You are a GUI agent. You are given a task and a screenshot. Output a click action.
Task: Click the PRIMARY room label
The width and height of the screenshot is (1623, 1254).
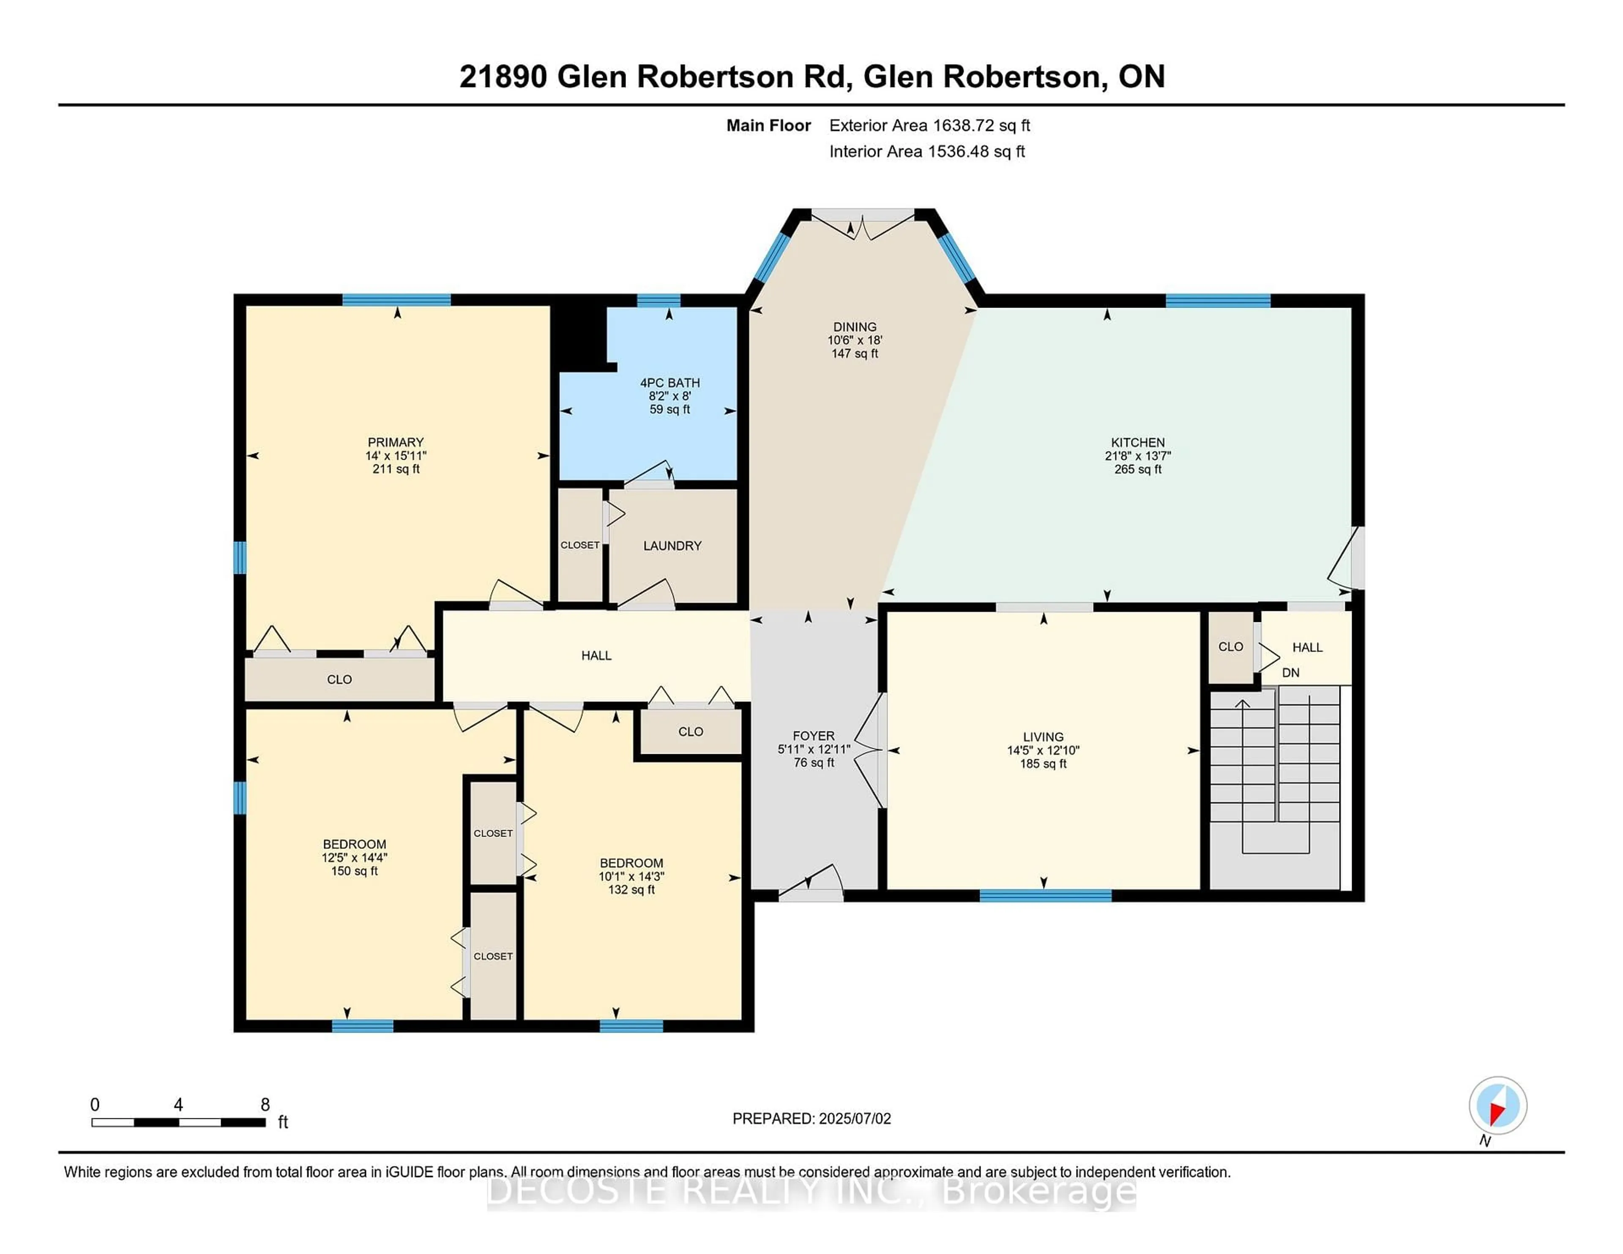395,442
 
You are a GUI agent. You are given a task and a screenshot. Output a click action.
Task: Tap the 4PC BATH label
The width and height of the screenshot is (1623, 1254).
669,383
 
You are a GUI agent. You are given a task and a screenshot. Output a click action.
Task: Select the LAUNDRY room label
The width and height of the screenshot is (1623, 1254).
672,545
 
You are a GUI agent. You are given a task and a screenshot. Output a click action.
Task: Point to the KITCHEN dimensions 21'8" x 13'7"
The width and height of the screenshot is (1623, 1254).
1137,455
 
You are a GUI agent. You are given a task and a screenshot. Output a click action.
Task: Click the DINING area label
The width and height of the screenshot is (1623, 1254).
855,327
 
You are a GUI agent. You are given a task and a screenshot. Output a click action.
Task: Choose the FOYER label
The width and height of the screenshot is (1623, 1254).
813,736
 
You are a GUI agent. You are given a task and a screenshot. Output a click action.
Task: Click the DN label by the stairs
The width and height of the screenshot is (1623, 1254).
1291,672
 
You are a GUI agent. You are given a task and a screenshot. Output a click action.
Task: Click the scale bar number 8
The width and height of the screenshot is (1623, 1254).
265,1105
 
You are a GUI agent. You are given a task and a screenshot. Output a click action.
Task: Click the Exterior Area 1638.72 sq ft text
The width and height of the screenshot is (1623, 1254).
929,125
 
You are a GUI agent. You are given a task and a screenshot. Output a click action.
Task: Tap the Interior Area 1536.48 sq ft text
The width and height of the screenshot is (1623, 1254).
927,152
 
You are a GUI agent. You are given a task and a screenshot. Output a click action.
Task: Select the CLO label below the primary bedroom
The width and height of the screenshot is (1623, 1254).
340,679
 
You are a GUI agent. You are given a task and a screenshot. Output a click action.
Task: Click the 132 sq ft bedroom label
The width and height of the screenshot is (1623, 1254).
631,889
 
